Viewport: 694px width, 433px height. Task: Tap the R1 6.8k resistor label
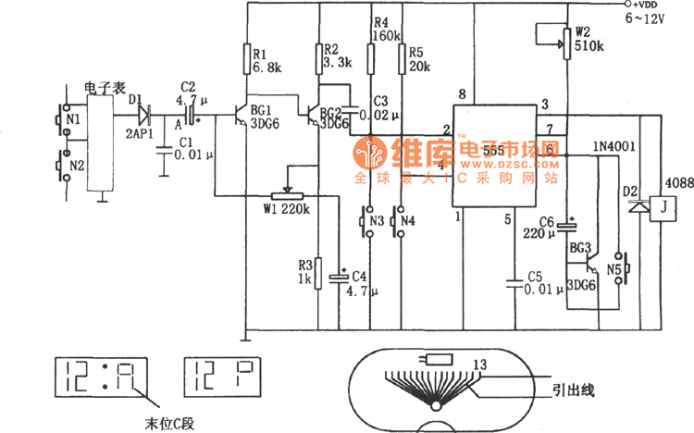[x=266, y=60]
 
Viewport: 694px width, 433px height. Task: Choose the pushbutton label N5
[x=613, y=269]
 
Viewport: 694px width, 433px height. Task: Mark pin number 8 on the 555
[x=461, y=95]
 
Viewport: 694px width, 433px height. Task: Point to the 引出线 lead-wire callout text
[x=573, y=391]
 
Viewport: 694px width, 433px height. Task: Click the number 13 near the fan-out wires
[x=479, y=364]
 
